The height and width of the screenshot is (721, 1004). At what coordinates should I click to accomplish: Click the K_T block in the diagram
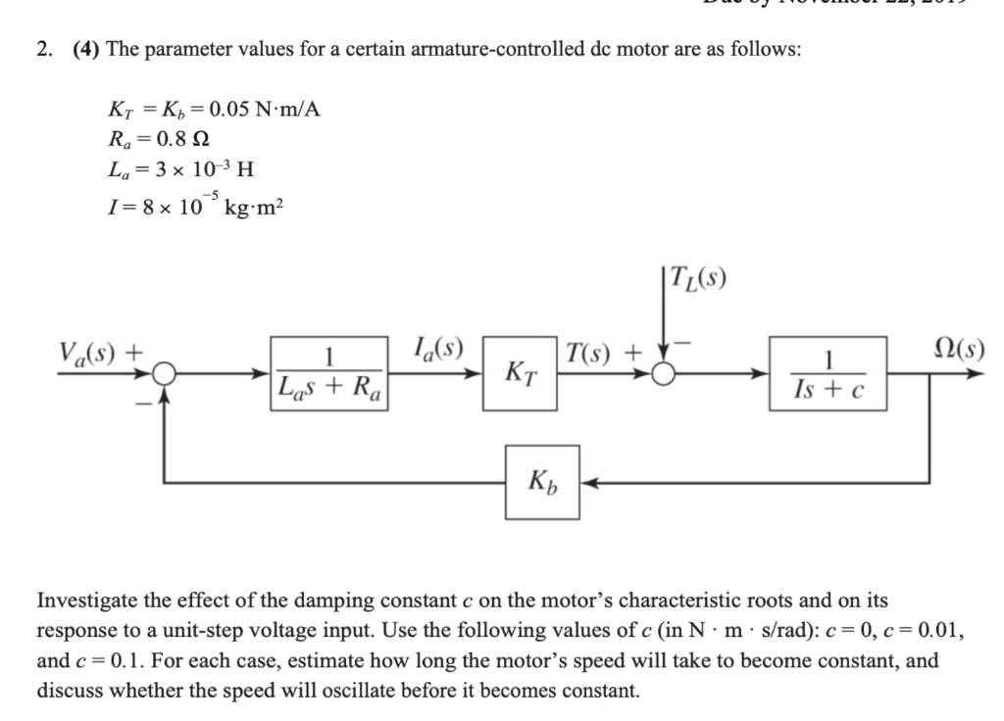520,373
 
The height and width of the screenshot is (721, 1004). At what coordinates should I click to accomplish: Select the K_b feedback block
541,481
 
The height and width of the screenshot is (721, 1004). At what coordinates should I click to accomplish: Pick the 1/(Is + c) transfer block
828,373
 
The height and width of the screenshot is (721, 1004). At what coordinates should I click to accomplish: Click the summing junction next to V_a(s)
164,373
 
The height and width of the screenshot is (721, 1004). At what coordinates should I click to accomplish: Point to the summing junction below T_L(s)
667,373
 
